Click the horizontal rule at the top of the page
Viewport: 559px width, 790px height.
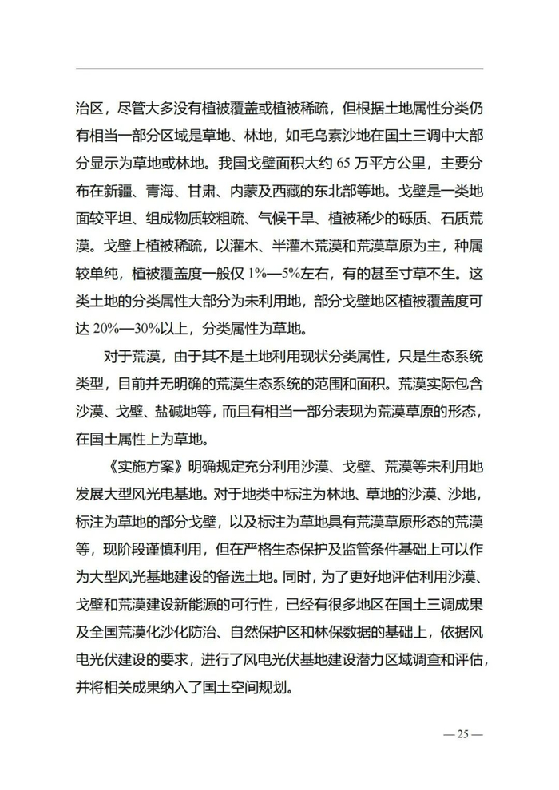click(279, 69)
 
